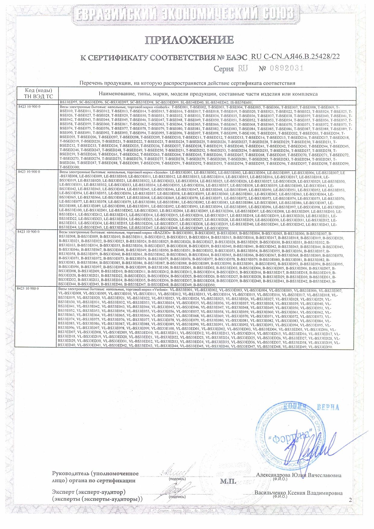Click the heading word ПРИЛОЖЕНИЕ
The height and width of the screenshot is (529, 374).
[x=189, y=40]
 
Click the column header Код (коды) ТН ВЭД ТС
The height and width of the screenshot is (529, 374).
[x=38, y=94]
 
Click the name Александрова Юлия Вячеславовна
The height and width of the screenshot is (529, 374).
[x=299, y=475]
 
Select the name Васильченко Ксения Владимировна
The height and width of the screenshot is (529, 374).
[x=298, y=493]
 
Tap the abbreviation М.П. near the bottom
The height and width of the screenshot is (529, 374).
[x=228, y=481]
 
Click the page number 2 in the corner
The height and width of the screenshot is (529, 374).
[x=350, y=500]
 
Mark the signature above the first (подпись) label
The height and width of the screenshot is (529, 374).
[x=177, y=471]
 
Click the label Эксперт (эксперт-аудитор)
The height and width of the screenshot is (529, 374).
[x=89, y=492]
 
